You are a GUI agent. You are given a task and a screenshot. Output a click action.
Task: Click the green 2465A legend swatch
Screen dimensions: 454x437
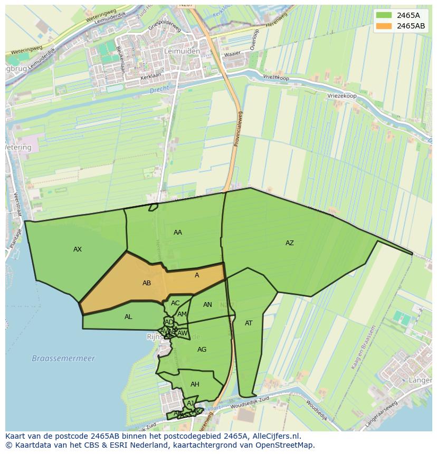point(384,15)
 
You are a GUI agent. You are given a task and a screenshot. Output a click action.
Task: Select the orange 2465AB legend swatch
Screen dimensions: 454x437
point(384,25)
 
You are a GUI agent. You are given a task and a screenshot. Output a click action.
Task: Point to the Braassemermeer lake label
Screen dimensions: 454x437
point(63,358)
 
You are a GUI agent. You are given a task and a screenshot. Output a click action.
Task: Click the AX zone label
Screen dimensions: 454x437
point(78,249)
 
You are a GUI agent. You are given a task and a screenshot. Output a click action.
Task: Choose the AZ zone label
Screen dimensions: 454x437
point(290,243)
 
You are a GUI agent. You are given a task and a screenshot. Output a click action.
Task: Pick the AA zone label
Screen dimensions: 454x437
point(178,233)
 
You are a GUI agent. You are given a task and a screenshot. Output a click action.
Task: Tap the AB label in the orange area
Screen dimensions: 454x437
point(147,283)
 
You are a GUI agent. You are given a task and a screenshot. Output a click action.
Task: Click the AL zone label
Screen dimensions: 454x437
point(128,317)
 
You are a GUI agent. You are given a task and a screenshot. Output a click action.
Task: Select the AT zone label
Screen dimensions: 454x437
point(249,323)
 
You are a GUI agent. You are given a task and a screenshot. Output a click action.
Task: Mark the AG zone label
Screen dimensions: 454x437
point(202,350)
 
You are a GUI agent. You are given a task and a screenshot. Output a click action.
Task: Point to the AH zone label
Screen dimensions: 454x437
point(195,384)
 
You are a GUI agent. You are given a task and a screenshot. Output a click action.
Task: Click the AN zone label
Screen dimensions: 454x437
point(207,305)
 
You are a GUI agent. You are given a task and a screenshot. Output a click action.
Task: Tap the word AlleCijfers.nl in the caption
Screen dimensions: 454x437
point(274,436)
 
